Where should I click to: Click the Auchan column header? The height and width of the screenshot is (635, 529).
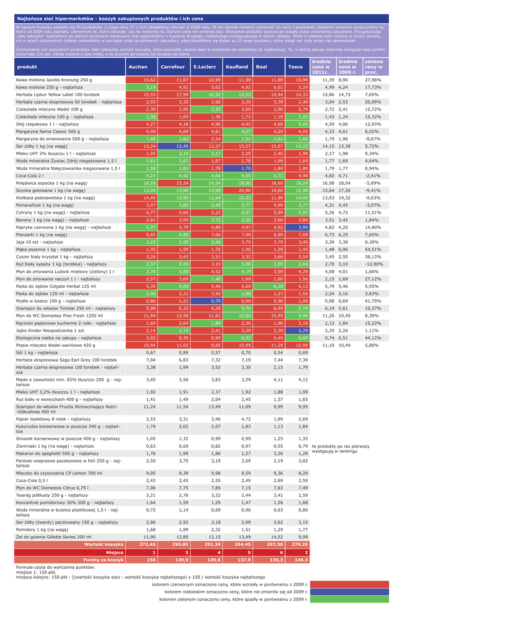tap(138, 66)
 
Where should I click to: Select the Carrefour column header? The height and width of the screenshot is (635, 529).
tap(172, 66)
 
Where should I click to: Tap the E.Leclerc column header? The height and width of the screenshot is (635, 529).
tap(205, 66)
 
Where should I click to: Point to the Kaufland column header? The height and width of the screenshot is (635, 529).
tap(237, 66)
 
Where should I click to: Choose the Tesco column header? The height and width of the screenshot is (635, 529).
tap(295, 66)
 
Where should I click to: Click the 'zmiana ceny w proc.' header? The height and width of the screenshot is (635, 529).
tap(374, 66)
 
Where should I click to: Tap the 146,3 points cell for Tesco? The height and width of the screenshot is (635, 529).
tap(301, 559)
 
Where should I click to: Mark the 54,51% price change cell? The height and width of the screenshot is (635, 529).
tap(373, 249)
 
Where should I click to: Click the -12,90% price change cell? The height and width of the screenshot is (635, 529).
tap(373, 264)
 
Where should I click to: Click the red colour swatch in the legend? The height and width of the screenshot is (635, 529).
tap(349, 584)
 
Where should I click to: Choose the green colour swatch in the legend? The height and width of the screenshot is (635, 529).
tap(349, 599)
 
